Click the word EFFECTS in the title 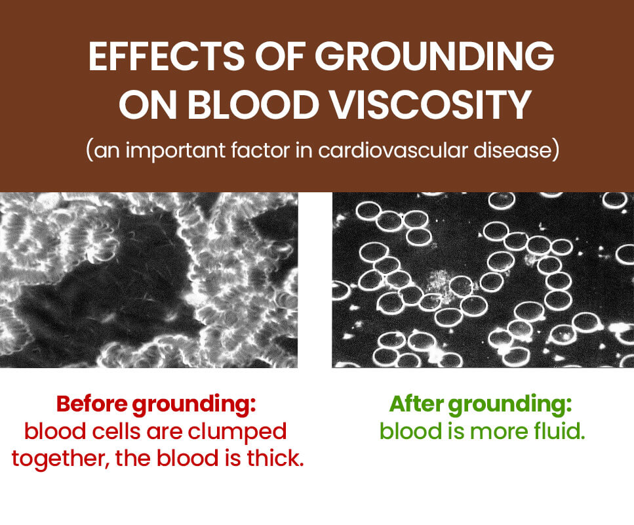tap(166, 56)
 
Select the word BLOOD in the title tap(254, 105)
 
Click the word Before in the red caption tap(92, 404)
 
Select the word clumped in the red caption tap(237, 432)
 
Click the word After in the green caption tap(416, 404)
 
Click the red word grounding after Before tap(194, 405)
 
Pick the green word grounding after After tap(510, 405)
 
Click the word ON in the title tap(148, 105)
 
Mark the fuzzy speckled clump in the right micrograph tap(441, 283)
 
